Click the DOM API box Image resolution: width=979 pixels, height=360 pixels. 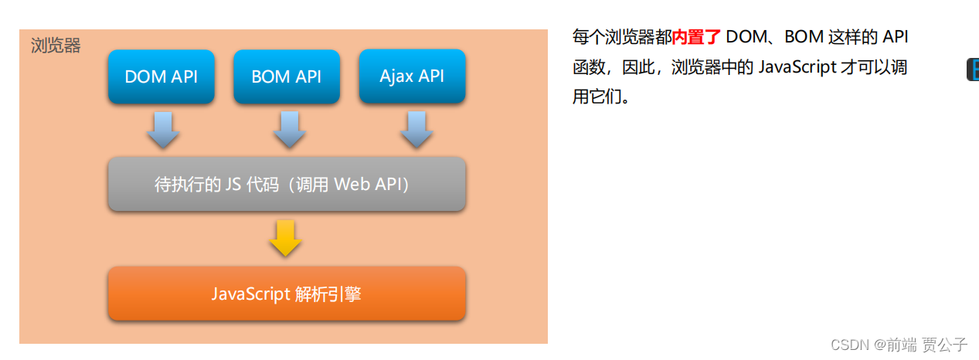tap(161, 76)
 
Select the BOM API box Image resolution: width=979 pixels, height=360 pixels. tap(287, 76)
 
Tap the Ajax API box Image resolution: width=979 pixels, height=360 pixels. tap(412, 76)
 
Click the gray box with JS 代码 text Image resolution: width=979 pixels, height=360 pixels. tap(287, 185)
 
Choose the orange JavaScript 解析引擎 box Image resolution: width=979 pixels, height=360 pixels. tap(287, 294)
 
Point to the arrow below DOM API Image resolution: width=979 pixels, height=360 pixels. tap(163, 130)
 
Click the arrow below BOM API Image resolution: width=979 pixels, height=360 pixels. tap(288, 130)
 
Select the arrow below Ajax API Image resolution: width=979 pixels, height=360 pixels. tap(415, 130)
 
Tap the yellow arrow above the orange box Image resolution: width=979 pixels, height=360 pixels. tap(286, 238)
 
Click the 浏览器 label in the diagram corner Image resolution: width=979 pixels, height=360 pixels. tap(56, 46)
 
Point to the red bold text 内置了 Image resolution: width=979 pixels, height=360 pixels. tap(696, 37)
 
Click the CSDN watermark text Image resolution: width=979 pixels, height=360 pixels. tap(850, 345)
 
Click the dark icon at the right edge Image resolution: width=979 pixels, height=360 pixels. tap(973, 69)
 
